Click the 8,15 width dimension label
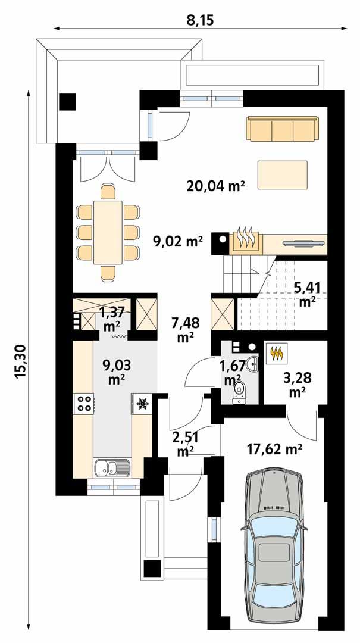point(200,20)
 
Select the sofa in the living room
point(281,129)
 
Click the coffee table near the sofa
point(282,174)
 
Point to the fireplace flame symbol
point(246,239)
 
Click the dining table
point(107,232)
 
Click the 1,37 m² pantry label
point(112,319)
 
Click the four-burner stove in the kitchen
point(84,404)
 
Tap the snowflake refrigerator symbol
point(142,404)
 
